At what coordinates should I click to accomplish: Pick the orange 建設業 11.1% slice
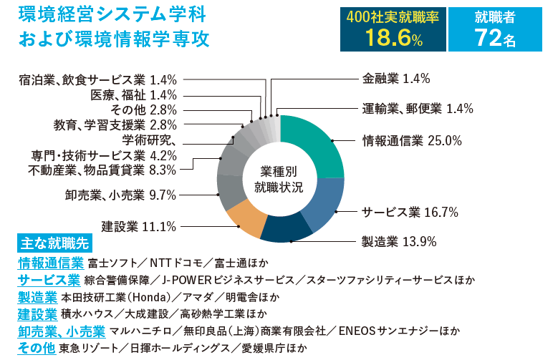pyautogui.click(x=244, y=219)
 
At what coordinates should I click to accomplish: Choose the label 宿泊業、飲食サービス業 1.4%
pyautogui.click(x=97, y=79)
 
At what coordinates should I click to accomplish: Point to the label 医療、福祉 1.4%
pyautogui.click(x=133, y=94)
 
